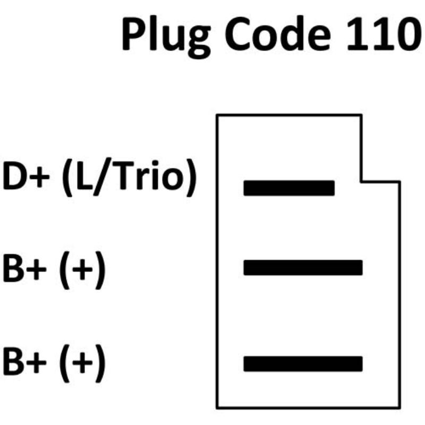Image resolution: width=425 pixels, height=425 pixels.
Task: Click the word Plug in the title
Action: (166, 37)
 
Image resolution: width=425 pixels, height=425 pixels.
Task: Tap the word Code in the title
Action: (278, 33)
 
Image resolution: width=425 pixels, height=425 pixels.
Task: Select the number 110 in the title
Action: (385, 33)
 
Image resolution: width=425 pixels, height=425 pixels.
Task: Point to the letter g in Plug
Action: (199, 41)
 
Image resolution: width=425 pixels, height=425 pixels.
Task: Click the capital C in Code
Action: (239, 33)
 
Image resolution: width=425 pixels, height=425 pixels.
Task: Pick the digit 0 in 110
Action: (408, 33)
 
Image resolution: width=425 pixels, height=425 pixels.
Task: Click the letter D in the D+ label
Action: (14, 176)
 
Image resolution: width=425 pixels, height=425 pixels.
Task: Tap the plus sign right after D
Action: (39, 177)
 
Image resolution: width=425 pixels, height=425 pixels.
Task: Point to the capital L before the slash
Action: (84, 176)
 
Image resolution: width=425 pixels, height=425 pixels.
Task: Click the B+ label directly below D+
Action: (24, 268)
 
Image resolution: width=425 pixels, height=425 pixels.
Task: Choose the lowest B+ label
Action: (24, 362)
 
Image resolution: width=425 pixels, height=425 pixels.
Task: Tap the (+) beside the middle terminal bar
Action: (82, 270)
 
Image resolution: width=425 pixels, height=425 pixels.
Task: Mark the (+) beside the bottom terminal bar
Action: (82, 363)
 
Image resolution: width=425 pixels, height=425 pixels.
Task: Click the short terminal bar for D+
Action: (289, 188)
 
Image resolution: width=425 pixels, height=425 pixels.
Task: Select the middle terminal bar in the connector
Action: (303, 268)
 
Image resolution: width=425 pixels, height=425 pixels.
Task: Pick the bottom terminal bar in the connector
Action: (303, 364)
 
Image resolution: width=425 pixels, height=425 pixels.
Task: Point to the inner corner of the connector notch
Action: (361, 182)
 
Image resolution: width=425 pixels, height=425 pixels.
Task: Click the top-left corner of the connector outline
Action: (217, 116)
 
